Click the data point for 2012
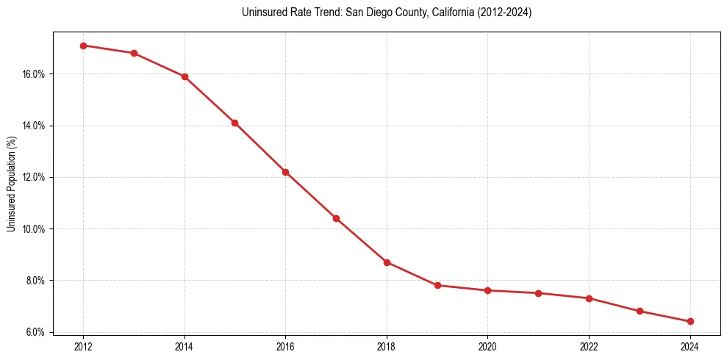coord(83,46)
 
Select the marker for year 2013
coord(134,53)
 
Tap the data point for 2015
coord(234,123)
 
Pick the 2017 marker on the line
coord(336,218)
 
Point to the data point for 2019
coord(437,285)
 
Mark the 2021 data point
coord(538,293)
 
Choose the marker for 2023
coord(640,311)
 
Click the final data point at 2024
coord(690,321)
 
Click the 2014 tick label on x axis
coord(185,346)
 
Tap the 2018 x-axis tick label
coord(387,346)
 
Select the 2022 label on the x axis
coord(589,346)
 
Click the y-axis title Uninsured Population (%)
coord(11,183)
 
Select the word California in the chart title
coord(431,12)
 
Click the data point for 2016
coord(285,172)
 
